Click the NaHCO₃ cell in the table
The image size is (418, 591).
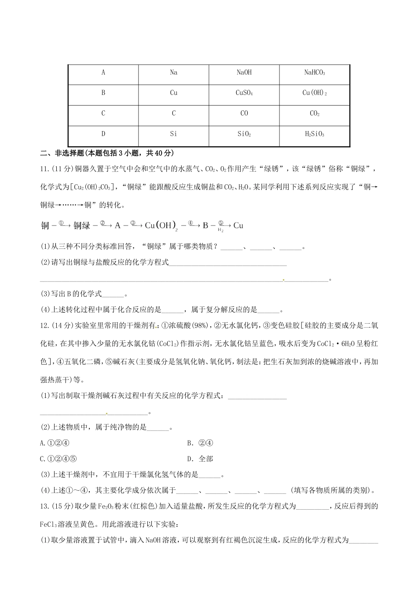point(314,73)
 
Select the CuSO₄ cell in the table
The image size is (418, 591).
point(244,93)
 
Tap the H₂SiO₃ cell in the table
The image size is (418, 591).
point(314,134)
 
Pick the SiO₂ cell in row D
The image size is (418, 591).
point(244,134)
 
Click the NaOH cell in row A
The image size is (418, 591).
point(244,73)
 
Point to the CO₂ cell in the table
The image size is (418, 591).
point(314,113)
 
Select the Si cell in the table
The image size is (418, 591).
point(173,134)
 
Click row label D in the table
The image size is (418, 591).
point(103,134)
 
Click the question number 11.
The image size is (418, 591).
point(44,168)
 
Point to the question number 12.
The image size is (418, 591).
point(44,325)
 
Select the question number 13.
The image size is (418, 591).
point(44,506)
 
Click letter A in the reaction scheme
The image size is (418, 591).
point(117,226)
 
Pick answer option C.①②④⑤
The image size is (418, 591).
point(58,459)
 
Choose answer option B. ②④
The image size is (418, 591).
point(200,443)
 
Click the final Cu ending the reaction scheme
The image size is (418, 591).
point(238,226)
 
